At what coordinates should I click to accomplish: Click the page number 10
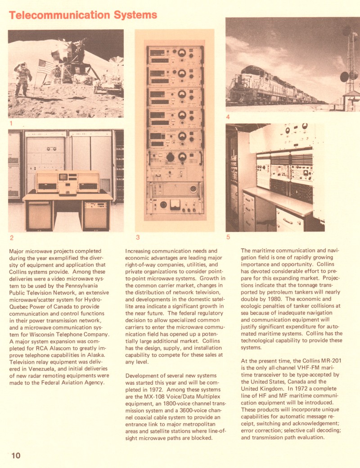coord(15,456)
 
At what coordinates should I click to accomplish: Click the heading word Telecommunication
coord(56,15)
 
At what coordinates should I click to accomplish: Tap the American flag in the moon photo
coord(45,67)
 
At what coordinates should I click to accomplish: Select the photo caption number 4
coord(228,117)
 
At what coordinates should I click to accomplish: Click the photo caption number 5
coord(228,237)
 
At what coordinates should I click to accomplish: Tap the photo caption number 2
coord(11,237)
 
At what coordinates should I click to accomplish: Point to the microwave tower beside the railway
coord(350,63)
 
